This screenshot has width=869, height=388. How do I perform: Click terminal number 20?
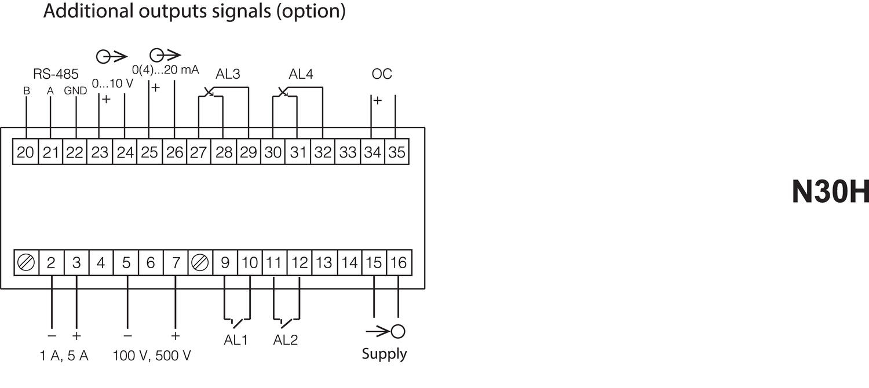pyautogui.click(x=25, y=153)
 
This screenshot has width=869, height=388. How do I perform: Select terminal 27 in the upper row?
pyautogui.click(x=199, y=153)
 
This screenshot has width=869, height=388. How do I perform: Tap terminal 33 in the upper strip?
pyautogui.click(x=348, y=153)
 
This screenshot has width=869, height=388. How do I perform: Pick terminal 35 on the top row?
pyautogui.click(x=397, y=153)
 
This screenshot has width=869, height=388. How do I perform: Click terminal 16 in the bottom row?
pyautogui.click(x=398, y=263)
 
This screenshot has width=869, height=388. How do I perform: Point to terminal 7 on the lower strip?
pyautogui.click(x=176, y=263)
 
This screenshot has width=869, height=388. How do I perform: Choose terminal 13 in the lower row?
pyautogui.click(x=324, y=263)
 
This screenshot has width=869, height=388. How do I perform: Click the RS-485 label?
pyautogui.click(x=56, y=74)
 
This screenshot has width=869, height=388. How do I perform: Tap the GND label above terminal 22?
pyautogui.click(x=75, y=91)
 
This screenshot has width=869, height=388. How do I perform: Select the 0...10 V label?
pyautogui.click(x=112, y=83)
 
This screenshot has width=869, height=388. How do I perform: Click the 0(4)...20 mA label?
pyautogui.click(x=166, y=70)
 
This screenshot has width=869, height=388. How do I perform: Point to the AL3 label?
pyautogui.click(x=228, y=74)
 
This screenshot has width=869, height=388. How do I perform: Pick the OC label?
pyautogui.click(x=382, y=74)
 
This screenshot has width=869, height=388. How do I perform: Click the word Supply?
pyautogui.click(x=384, y=354)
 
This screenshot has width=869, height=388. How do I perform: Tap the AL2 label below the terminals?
pyautogui.click(x=285, y=341)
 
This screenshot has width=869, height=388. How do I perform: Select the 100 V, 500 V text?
pyautogui.click(x=152, y=356)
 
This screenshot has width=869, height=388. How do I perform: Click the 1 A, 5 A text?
pyautogui.click(x=64, y=356)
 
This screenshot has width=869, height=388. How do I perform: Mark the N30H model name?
pyautogui.click(x=830, y=192)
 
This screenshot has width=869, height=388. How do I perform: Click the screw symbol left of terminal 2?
pyautogui.click(x=26, y=263)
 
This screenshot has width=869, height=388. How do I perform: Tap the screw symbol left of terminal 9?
pyautogui.click(x=200, y=263)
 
